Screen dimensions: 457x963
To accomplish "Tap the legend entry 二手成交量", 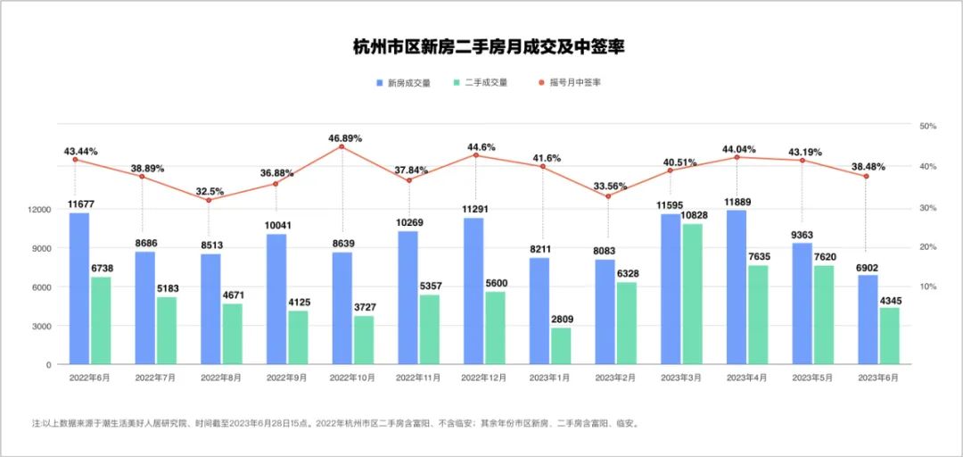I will tap(485, 83).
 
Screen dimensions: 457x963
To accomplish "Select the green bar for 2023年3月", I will tap(692, 295).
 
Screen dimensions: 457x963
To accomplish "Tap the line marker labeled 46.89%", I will tap(342, 146).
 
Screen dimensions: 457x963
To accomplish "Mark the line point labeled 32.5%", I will tap(209, 200).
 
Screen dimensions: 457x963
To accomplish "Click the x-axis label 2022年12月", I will tap(482, 378).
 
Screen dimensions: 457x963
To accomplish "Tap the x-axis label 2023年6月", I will tap(877, 378).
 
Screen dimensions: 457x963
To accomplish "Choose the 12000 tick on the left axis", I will tap(38, 210).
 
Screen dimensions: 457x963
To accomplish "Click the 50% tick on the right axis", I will tap(927, 127).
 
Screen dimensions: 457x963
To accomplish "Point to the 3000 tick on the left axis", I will tap(41, 327).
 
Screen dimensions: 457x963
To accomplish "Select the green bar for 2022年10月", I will tap(363, 340).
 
